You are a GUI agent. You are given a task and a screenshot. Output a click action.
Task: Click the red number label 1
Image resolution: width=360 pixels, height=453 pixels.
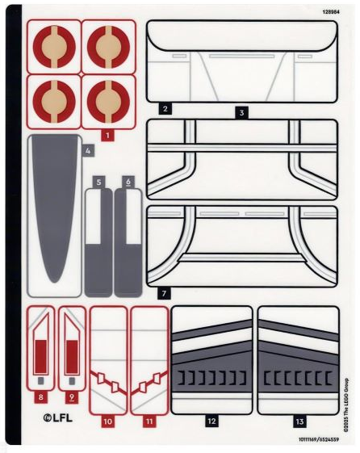107,135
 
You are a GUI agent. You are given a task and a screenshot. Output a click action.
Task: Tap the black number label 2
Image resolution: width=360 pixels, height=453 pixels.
165,109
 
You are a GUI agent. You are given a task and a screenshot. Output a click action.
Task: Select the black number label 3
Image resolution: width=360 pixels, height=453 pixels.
241,113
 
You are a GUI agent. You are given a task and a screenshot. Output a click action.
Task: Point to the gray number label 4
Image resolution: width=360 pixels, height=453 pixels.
88,150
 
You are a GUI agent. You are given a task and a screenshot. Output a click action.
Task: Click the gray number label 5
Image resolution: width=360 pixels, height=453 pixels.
99,182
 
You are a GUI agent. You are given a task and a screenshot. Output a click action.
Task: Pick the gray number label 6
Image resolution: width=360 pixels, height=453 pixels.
128,182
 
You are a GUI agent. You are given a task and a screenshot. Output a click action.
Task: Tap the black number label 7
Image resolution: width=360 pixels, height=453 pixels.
164,294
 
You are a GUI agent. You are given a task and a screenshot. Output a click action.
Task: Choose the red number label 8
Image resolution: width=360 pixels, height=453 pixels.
40,397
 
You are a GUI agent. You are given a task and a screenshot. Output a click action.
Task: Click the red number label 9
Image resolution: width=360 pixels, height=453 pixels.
72,397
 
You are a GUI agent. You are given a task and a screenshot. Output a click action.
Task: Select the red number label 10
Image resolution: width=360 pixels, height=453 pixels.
107,422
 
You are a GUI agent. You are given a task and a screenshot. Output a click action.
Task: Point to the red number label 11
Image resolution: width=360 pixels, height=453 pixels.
149,422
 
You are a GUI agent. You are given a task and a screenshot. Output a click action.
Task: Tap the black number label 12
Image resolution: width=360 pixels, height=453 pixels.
211,422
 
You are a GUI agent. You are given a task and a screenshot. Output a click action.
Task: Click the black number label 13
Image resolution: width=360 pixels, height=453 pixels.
299,422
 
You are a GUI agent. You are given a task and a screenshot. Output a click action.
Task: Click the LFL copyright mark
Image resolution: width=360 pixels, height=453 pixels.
58,417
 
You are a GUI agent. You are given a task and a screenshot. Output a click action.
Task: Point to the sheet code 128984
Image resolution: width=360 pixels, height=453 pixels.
331,12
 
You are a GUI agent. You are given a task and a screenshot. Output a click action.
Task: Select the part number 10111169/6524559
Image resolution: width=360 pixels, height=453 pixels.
319,439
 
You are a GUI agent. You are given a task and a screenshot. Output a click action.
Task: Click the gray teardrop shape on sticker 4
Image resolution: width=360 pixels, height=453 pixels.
54,202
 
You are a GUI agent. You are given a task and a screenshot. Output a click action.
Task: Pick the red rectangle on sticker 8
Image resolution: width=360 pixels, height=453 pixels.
41,357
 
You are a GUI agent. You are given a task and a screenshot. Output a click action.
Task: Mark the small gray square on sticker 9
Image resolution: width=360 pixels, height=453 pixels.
72,381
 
